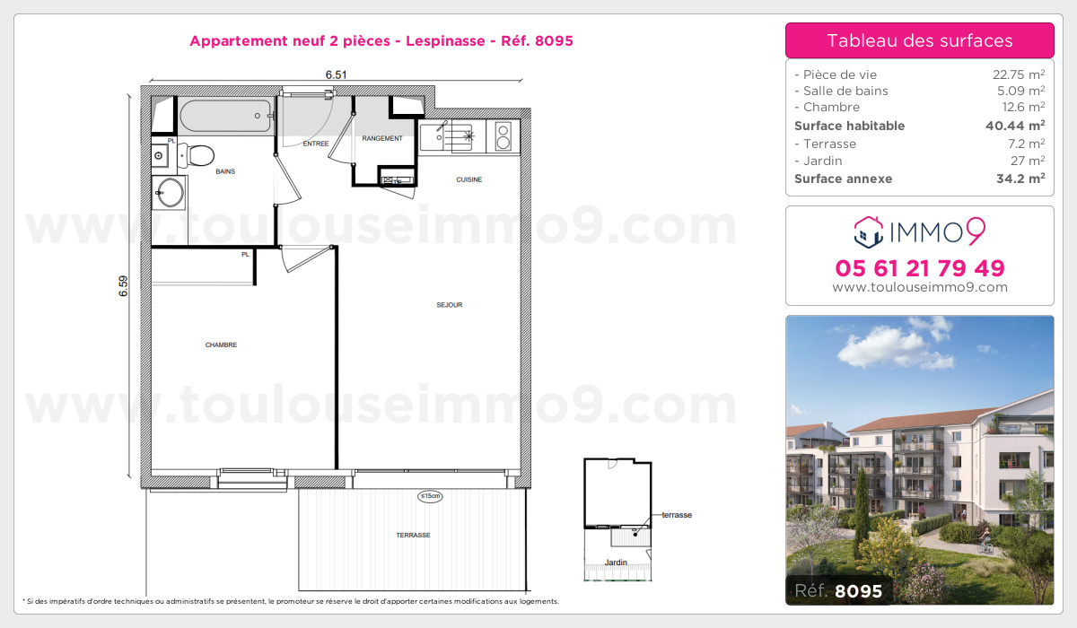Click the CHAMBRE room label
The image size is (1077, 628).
221,345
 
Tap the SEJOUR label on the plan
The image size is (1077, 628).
449,305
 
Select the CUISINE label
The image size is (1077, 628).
468,179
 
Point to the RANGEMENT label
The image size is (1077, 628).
382,139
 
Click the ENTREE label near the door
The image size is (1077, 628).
315,144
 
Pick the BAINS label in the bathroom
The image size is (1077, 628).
225,171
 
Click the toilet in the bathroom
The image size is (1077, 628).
197,156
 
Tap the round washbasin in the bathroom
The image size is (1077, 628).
168,191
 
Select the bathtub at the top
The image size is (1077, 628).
224,117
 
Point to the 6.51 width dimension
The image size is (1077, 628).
337,75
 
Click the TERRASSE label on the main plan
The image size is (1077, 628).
413,535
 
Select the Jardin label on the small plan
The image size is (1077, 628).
615,563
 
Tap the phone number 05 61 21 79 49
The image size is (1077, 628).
919,267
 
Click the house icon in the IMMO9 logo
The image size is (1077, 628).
868,232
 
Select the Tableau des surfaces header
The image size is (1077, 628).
919,40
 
